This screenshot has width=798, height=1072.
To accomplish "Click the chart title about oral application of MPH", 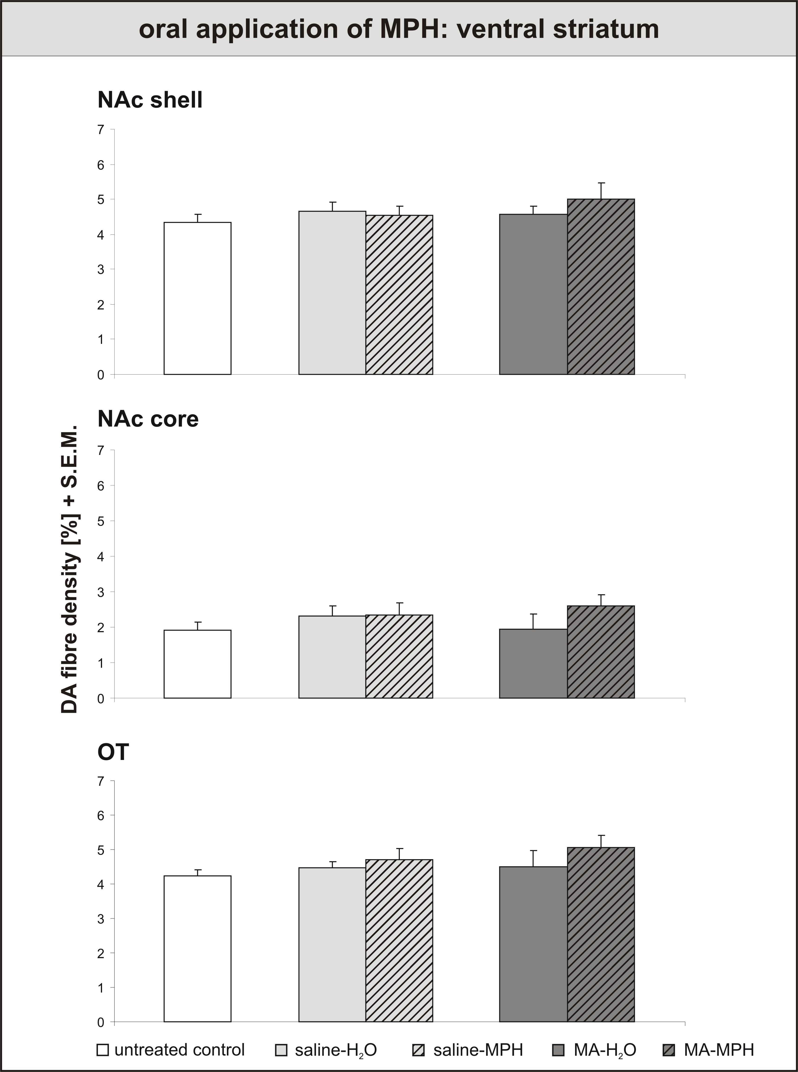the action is [399, 29].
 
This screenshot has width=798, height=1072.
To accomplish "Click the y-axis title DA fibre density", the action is [70, 570].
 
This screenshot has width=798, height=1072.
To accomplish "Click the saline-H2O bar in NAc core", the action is [332, 657].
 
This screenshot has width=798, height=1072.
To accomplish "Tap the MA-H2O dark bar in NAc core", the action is [533, 664].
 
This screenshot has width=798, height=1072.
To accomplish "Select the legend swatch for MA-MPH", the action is [669, 1050].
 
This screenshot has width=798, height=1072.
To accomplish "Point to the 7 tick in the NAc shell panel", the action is [100, 129].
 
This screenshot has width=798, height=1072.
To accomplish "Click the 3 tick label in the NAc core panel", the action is [100, 592].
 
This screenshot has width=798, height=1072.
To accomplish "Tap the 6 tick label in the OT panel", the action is [100, 815].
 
